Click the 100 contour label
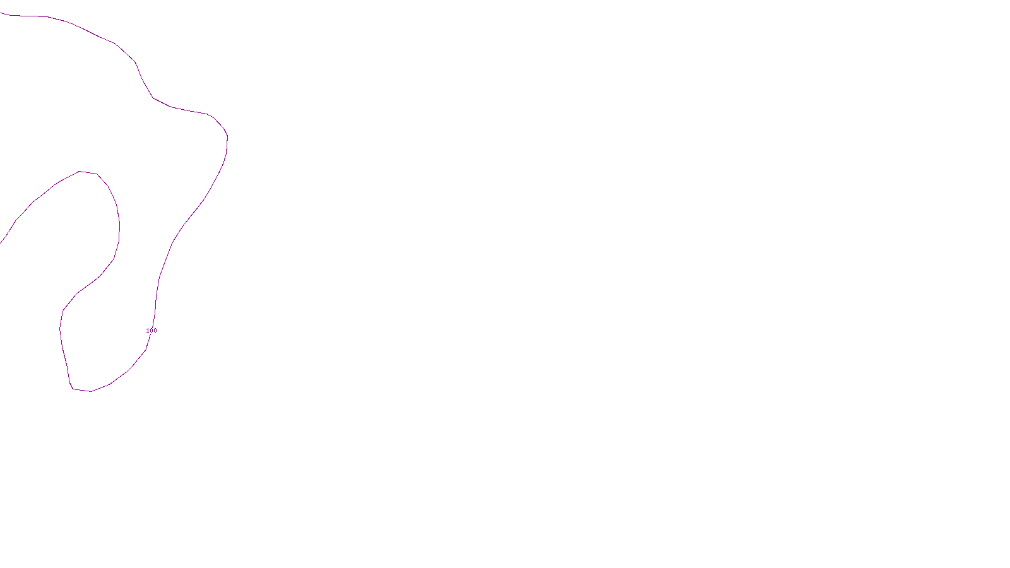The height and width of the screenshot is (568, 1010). (151, 331)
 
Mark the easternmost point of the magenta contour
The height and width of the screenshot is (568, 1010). (228, 138)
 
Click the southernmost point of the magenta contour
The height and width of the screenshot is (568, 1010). (91, 391)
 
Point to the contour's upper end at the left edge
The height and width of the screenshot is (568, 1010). (1, 13)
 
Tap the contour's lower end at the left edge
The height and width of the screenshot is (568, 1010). (1, 242)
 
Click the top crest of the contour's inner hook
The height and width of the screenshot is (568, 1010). (80, 171)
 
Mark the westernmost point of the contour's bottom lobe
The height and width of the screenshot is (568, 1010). (59, 328)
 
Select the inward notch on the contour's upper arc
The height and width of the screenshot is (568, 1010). (152, 97)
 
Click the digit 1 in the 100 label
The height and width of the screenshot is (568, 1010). (148, 331)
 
